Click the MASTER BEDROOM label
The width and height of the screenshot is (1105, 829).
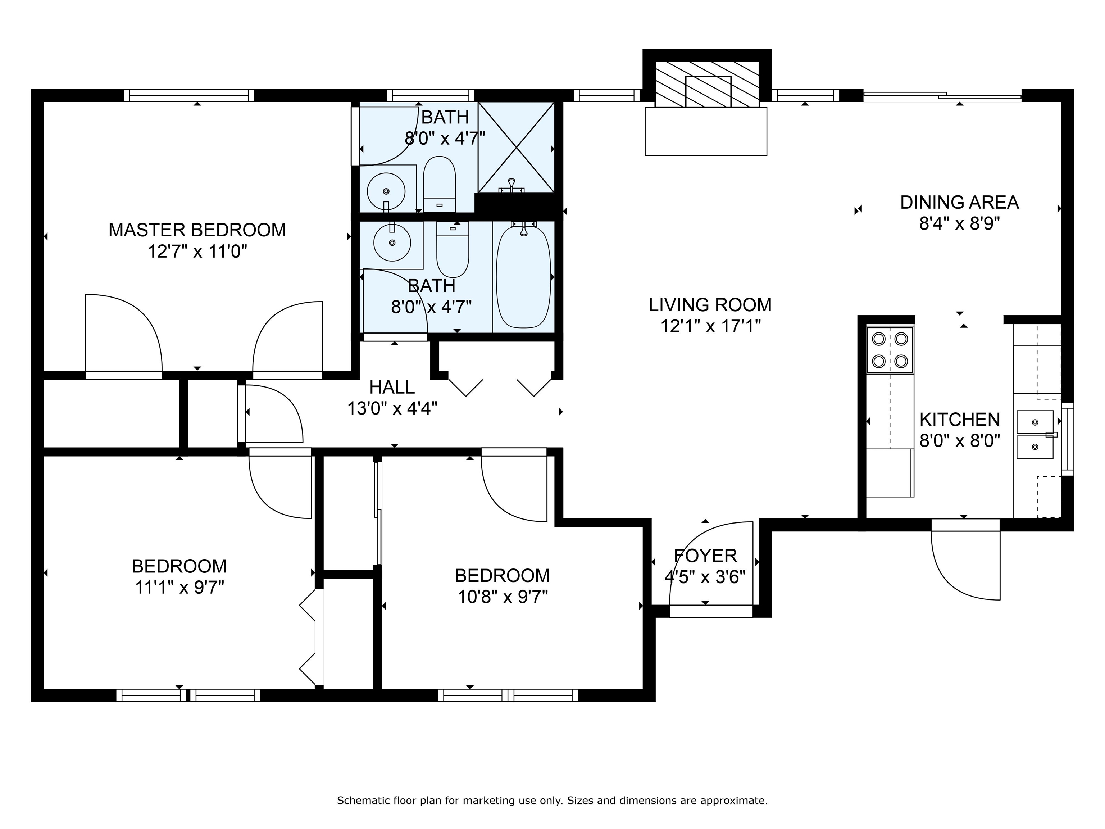point(197,230)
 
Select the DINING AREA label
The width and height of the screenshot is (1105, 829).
point(959,202)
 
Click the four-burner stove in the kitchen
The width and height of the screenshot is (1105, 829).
point(890,350)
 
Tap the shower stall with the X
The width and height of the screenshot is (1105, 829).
point(516,148)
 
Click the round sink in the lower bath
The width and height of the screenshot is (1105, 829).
point(392,243)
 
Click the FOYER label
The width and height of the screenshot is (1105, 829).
point(705,556)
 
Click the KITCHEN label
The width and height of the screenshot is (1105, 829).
point(960,419)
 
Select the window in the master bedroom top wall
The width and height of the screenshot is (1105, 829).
point(189,95)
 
